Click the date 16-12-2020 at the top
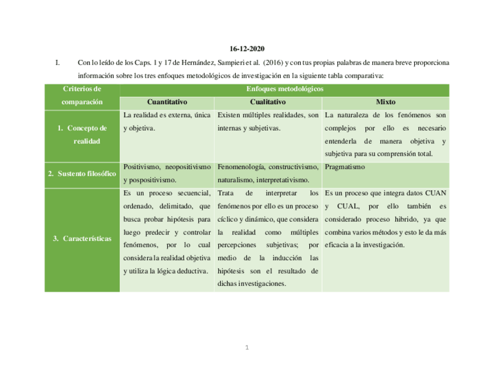coord(246,48)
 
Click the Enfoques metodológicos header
coord(285,89)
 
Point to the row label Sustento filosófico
coord(82,174)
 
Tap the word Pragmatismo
coord(345,167)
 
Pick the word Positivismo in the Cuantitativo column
coord(142,167)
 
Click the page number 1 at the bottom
coord(247,348)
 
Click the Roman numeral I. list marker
coord(57,62)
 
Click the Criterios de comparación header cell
coord(82,96)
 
